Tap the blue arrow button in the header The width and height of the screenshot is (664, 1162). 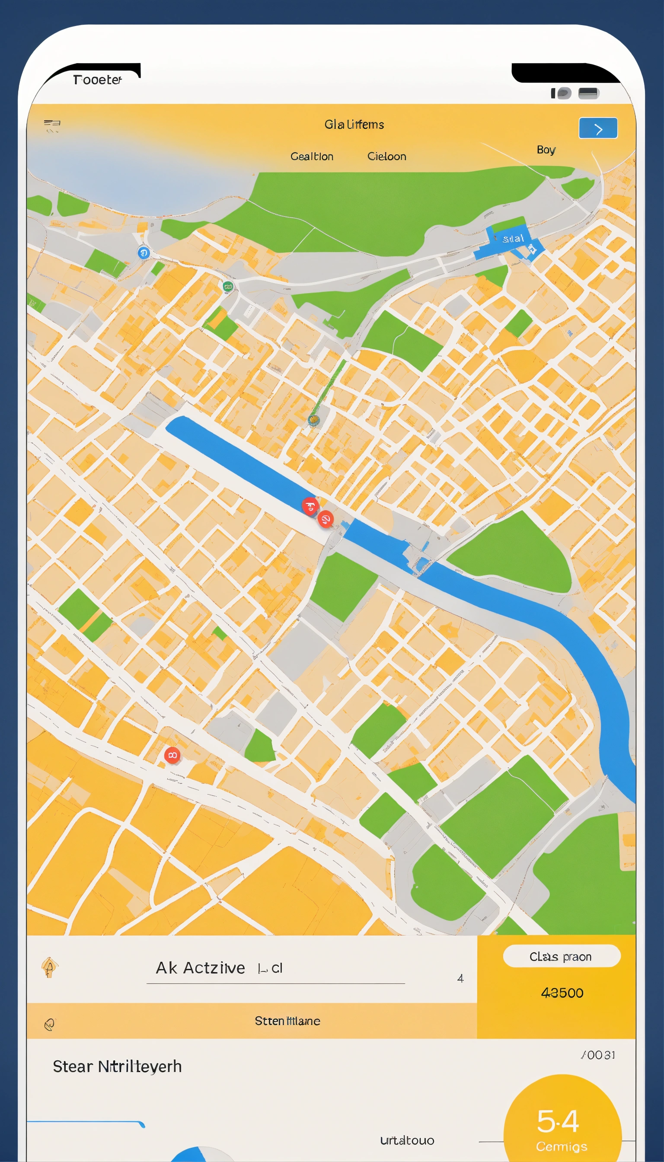coord(598,128)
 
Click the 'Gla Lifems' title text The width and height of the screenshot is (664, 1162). coord(354,124)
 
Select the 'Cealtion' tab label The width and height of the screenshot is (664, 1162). coord(312,156)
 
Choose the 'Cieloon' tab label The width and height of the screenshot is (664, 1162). coord(387,156)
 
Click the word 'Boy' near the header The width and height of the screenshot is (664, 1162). coord(546,150)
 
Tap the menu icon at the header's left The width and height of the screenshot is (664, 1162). coord(52,124)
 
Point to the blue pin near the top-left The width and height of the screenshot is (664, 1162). coord(143,252)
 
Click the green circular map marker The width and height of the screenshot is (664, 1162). coord(228,287)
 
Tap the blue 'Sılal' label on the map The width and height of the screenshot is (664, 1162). coord(513,239)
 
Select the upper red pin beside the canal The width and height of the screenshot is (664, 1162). coord(310,506)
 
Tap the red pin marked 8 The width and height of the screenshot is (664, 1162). coord(172,755)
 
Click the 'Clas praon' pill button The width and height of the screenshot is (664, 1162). coord(562,956)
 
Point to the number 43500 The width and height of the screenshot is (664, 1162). coord(562,993)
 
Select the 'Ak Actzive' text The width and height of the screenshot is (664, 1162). coord(201,968)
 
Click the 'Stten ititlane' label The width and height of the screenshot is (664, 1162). coord(287,1021)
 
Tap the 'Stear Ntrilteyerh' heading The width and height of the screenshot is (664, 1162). coord(117,1066)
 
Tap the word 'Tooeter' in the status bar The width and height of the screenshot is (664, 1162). coord(98,80)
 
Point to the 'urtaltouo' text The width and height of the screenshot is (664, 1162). coord(407,1140)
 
